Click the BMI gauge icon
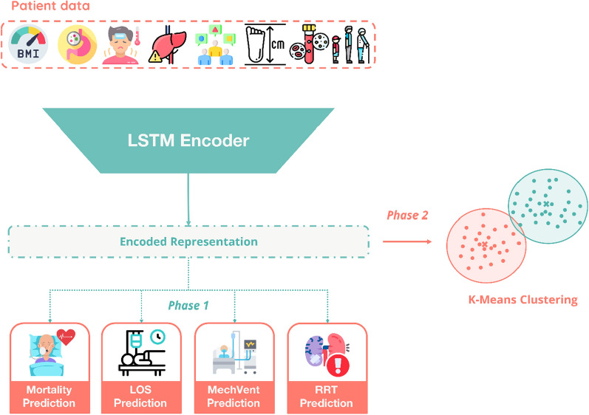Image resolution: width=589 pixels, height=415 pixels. click(29, 44)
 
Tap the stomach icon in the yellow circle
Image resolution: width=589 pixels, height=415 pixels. click(78, 44)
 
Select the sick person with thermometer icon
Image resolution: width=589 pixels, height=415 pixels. click(122, 45)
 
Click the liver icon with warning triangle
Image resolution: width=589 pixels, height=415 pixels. click(168, 44)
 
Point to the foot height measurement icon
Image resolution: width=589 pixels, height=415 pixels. click(265, 44)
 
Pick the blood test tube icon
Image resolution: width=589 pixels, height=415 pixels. click(309, 44)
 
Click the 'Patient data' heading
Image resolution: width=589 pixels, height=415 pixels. click(51, 6)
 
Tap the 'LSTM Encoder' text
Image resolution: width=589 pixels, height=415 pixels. click(188, 141)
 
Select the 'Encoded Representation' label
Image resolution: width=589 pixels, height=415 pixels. click(188, 241)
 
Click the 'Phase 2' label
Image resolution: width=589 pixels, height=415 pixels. click(407, 215)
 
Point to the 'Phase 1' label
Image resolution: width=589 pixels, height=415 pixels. click(188, 306)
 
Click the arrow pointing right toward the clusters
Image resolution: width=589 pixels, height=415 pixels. click(407, 241)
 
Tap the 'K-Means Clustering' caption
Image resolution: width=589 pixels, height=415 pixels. click(523, 300)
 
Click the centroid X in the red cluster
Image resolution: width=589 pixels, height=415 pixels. click(485, 244)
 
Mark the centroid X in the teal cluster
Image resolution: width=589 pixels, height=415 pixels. click(546, 204)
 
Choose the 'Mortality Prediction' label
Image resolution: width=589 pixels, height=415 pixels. click(50, 397)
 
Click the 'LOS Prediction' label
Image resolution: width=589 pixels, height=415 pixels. click(140, 397)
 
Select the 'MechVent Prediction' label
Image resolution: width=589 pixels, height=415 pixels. click(234, 397)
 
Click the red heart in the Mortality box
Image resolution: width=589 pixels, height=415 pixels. click(66, 337)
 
